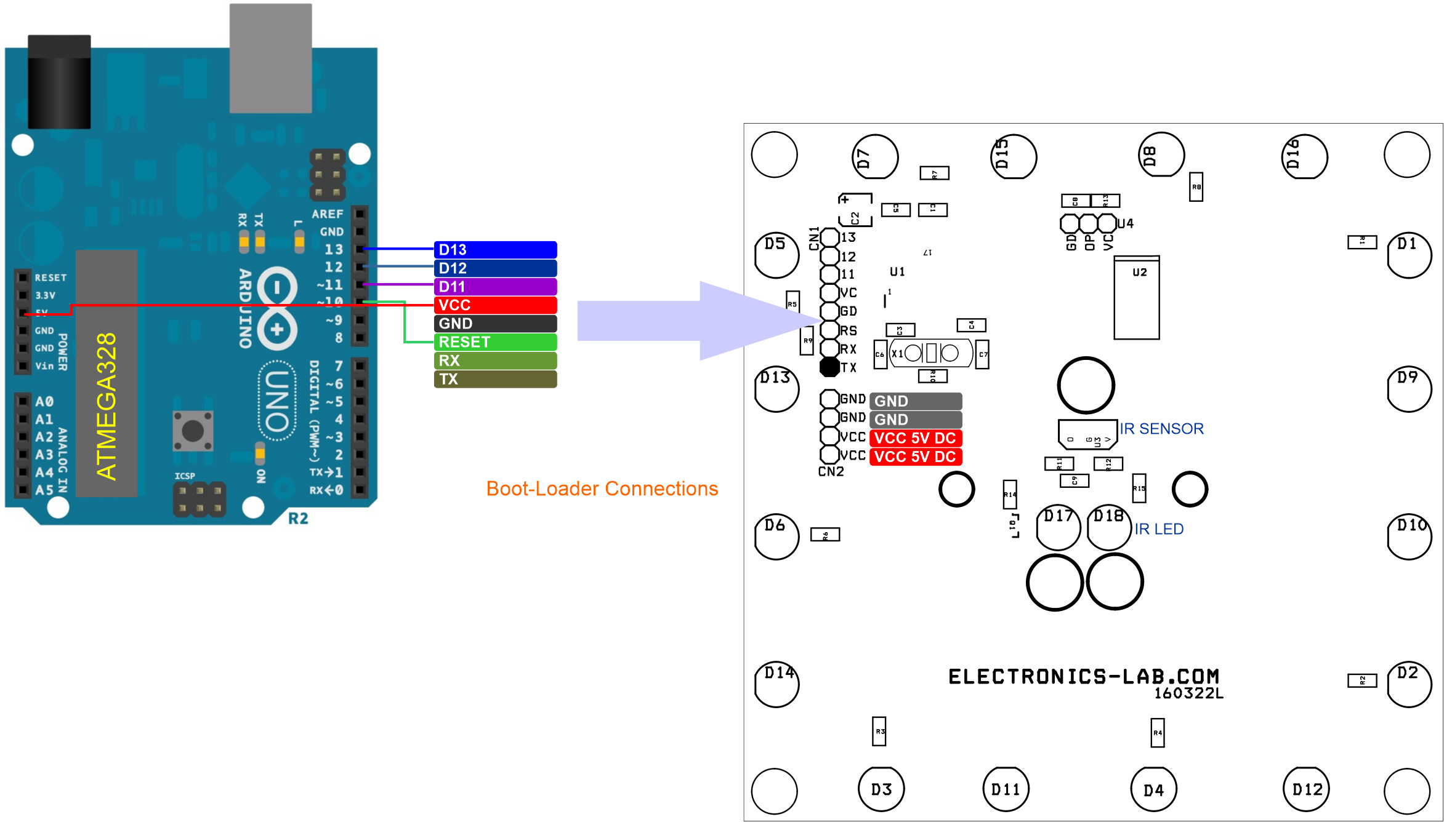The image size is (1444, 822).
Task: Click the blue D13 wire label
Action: click(x=495, y=250)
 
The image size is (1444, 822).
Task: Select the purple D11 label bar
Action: click(x=495, y=287)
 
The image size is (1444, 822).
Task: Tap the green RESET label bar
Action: click(x=495, y=342)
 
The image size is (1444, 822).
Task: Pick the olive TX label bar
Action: click(x=495, y=379)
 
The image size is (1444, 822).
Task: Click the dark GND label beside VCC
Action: click(x=495, y=324)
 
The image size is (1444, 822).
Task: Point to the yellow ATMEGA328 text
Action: click(x=107, y=406)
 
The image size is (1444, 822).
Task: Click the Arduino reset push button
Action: click(x=193, y=431)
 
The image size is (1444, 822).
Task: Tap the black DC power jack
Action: click(x=59, y=82)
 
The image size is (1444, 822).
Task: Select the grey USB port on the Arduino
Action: click(x=270, y=58)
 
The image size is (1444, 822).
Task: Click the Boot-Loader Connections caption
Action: click(x=602, y=489)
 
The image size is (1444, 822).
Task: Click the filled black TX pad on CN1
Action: click(x=829, y=367)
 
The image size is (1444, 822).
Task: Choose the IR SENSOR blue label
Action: click(x=1161, y=429)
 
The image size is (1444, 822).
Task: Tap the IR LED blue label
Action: click(x=1159, y=529)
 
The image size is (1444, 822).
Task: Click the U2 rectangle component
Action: click(x=1137, y=298)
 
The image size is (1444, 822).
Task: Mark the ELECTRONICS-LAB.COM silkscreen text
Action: click(x=1083, y=677)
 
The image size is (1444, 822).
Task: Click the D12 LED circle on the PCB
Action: click(x=1306, y=789)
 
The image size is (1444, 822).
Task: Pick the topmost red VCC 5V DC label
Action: click(x=915, y=438)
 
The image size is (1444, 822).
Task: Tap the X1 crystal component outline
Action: click(x=931, y=353)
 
